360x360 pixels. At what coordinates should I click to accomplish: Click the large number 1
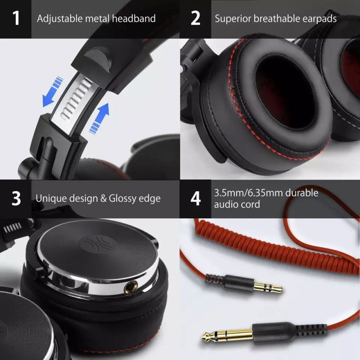16,18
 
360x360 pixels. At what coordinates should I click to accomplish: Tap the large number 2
195,18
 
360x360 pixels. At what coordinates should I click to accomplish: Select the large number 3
16,198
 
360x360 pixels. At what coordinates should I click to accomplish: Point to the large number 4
195,198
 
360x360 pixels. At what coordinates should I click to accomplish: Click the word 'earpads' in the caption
318,19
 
